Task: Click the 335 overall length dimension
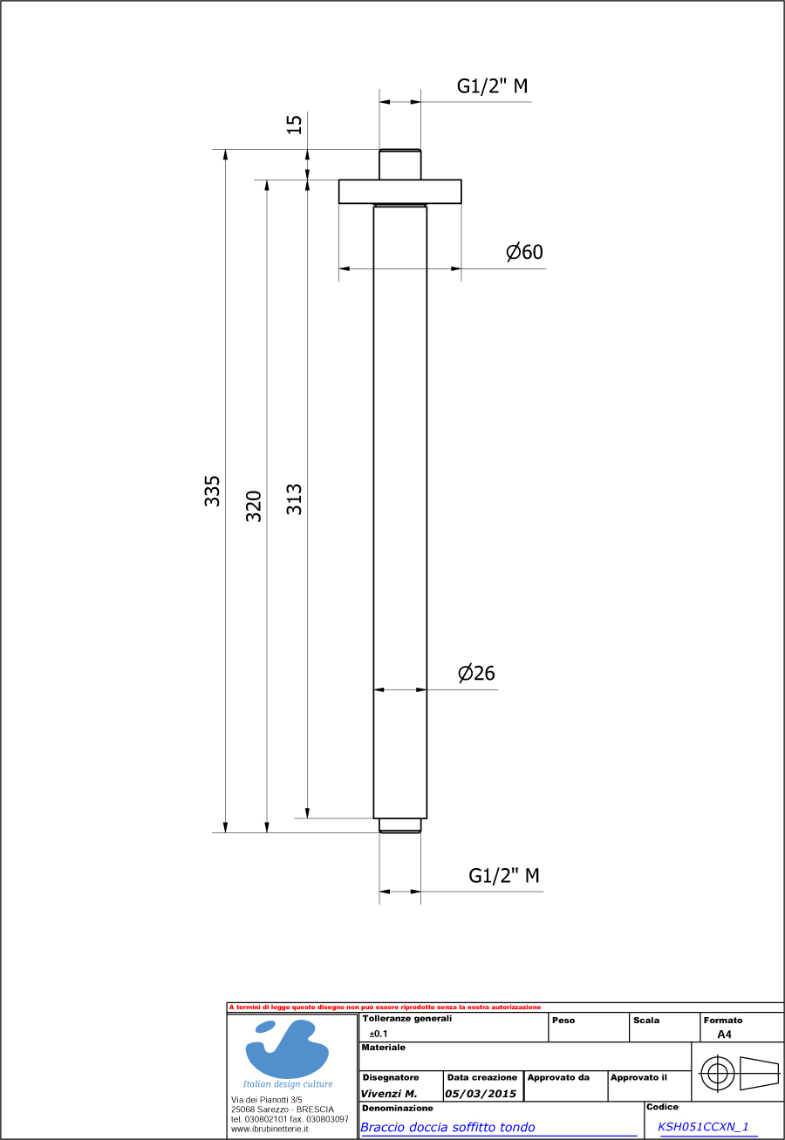coord(212,491)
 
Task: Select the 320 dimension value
coord(254,506)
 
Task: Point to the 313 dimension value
coord(295,499)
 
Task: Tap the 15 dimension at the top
coord(295,124)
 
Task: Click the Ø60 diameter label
coord(524,252)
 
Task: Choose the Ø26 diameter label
coord(476,673)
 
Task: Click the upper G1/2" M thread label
coord(492,86)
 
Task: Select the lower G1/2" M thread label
coord(504,876)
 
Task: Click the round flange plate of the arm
coord(399,192)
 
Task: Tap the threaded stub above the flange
coord(399,165)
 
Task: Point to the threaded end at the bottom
coord(399,825)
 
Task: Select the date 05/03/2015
coord(481,1093)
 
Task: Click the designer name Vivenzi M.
coord(389,1093)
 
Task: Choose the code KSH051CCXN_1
coord(703,1126)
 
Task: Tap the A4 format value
coord(724,1035)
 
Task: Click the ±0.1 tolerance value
coord(379,1034)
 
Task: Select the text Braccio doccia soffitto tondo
coord(447,1127)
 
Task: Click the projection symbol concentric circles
coord(716,1073)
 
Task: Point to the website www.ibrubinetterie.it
coord(263,1129)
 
